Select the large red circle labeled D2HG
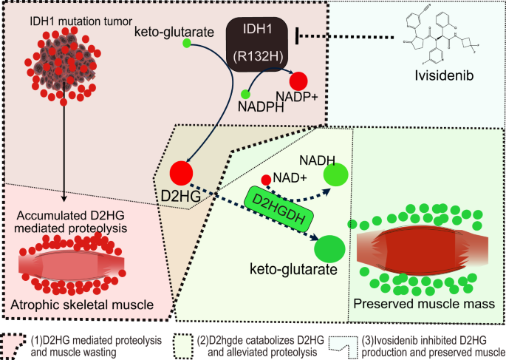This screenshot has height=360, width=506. [182, 173]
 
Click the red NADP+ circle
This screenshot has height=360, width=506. [298, 81]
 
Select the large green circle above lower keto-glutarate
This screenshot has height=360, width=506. [329, 246]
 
